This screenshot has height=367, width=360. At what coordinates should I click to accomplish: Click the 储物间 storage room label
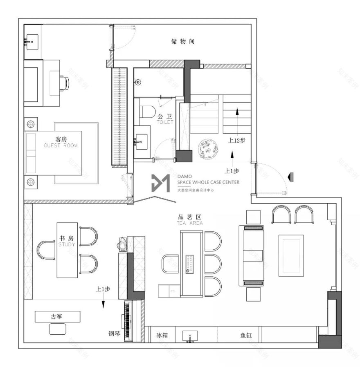tap(183, 41)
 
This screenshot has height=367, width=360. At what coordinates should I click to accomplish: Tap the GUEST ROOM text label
tap(61, 145)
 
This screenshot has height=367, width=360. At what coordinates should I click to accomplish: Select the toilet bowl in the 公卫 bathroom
tap(147, 112)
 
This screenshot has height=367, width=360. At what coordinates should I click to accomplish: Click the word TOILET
tap(166, 122)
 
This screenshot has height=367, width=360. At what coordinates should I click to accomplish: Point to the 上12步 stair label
tap(236, 140)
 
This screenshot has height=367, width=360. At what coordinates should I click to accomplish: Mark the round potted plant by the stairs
tap(206, 150)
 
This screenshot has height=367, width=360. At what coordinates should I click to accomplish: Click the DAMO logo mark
tap(160, 183)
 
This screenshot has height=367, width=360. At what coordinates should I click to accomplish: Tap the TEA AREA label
tap(189, 223)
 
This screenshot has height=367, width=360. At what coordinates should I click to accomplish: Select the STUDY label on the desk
tap(66, 244)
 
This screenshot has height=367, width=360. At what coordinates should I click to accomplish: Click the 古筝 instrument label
tap(57, 316)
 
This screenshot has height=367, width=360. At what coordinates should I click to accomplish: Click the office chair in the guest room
tap(64, 83)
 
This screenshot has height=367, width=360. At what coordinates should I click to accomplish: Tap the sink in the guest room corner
tap(31, 41)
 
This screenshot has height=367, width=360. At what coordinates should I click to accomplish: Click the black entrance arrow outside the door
tap(290, 177)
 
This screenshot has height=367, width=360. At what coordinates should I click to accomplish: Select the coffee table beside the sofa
tap(291, 255)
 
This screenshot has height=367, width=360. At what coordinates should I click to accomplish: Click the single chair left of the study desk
tap(46, 250)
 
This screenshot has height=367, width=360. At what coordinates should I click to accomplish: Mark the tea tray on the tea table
tap(189, 264)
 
